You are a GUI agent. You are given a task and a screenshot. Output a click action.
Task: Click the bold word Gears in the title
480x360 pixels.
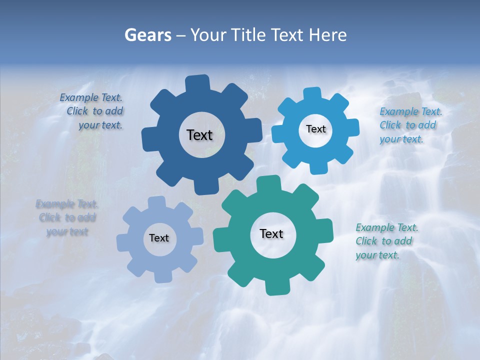(x=147, y=35)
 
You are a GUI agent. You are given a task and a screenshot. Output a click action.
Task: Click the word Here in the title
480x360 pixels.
(x=328, y=35)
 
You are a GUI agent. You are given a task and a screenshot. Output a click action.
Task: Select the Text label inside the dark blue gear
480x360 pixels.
(x=199, y=135)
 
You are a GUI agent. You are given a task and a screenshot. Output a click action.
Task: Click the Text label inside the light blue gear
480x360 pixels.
(x=315, y=129)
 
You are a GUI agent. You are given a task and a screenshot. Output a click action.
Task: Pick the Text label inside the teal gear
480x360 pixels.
(x=271, y=233)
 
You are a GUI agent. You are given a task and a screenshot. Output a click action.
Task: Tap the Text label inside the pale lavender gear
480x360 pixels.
(x=159, y=238)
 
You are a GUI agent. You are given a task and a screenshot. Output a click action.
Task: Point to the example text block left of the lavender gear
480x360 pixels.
(x=67, y=217)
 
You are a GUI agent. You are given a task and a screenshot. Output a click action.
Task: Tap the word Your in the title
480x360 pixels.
(x=208, y=35)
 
